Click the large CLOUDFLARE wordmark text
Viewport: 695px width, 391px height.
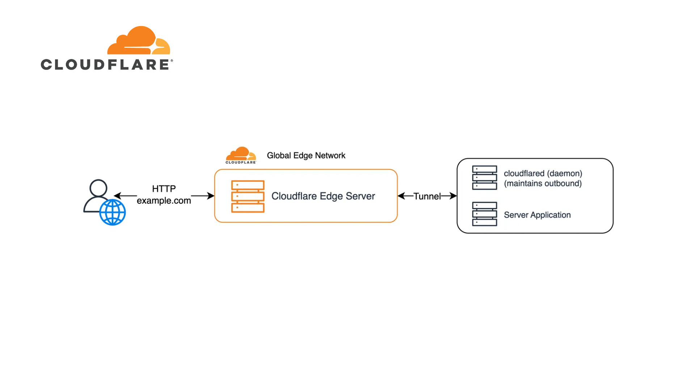(x=106, y=65)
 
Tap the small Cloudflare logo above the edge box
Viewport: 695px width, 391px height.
(x=241, y=155)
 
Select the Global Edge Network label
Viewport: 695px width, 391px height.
(x=306, y=156)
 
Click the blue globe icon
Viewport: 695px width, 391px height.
(x=113, y=213)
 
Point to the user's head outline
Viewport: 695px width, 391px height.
(x=98, y=188)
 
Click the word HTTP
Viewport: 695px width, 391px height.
(x=164, y=189)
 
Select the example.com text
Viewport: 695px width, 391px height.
(x=164, y=201)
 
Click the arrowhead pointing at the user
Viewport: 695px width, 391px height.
(x=117, y=196)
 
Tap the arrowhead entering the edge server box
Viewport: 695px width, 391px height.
(x=211, y=196)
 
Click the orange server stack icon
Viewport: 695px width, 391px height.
(x=248, y=196)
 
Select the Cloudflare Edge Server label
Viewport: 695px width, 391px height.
(x=323, y=196)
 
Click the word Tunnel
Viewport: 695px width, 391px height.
(x=427, y=196)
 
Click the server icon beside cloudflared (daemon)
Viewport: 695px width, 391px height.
(x=484, y=177)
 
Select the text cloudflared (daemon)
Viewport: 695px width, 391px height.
(x=543, y=173)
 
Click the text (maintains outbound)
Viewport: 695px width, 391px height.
(x=543, y=184)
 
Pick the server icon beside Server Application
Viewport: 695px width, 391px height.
(x=484, y=214)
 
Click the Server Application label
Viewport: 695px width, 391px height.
(x=537, y=215)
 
